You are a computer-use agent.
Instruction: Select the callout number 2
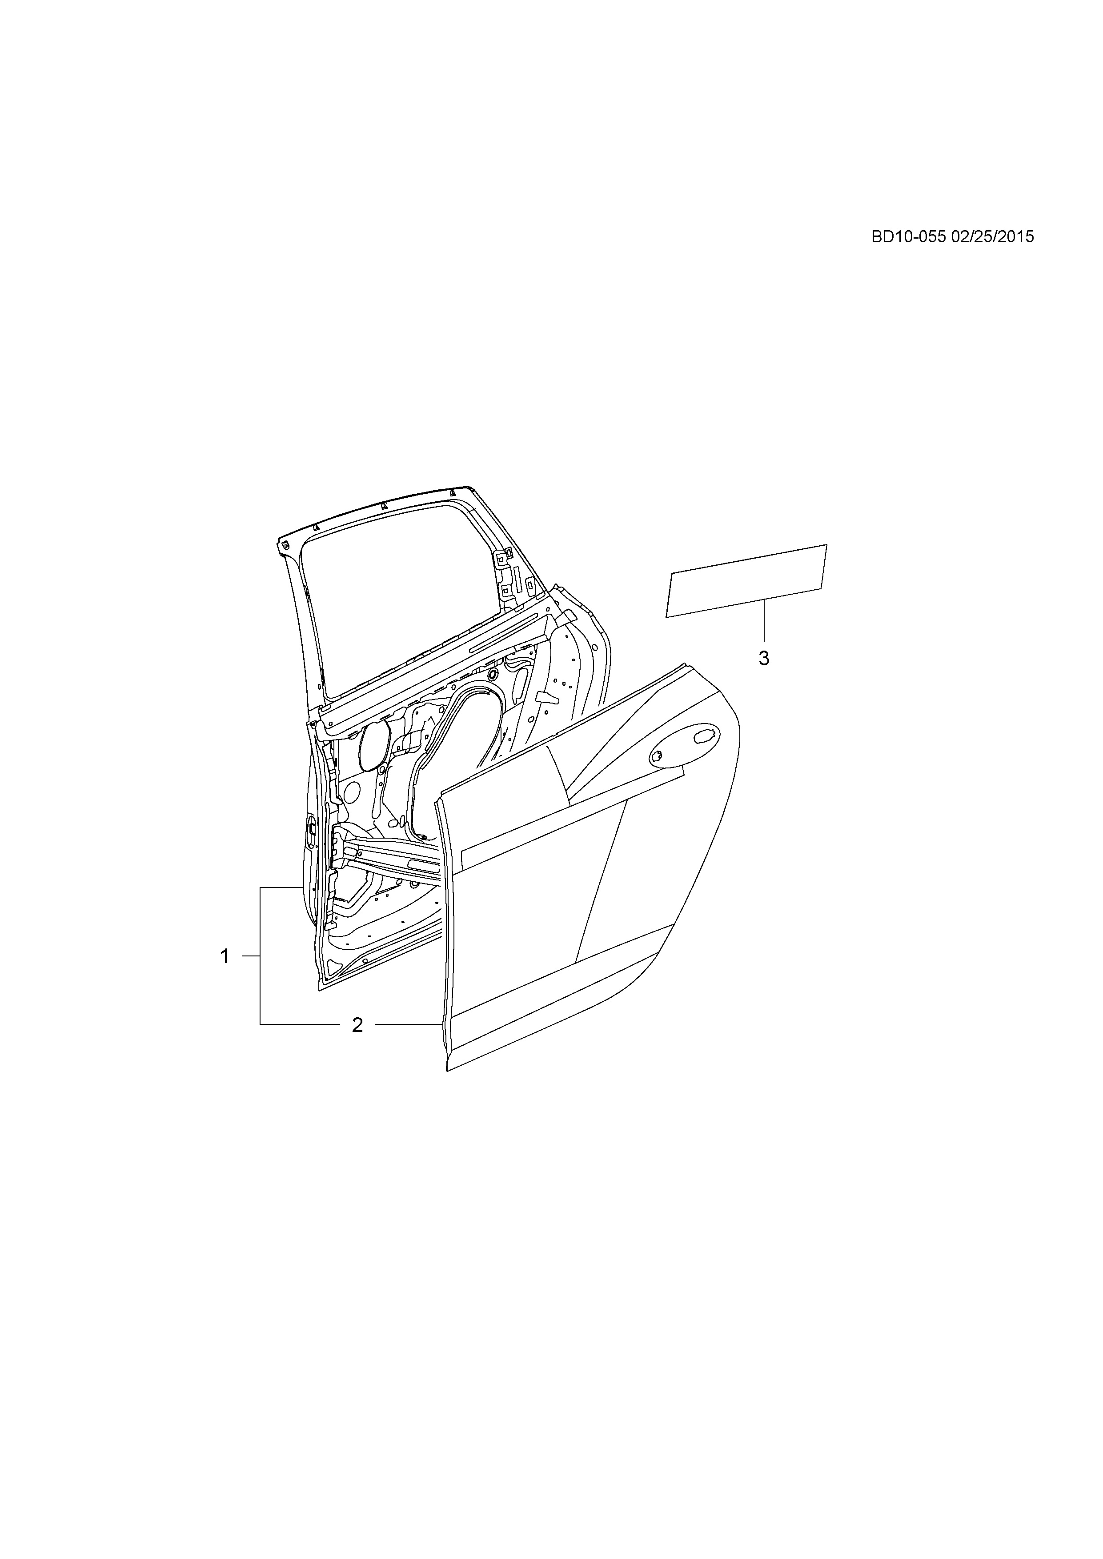(357, 1043)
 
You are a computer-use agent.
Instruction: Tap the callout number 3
(764, 658)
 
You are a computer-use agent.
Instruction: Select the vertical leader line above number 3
(764, 621)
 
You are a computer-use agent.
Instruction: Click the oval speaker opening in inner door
(373, 747)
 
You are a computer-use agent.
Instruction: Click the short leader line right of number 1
(251, 956)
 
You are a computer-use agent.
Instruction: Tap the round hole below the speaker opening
(352, 791)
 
